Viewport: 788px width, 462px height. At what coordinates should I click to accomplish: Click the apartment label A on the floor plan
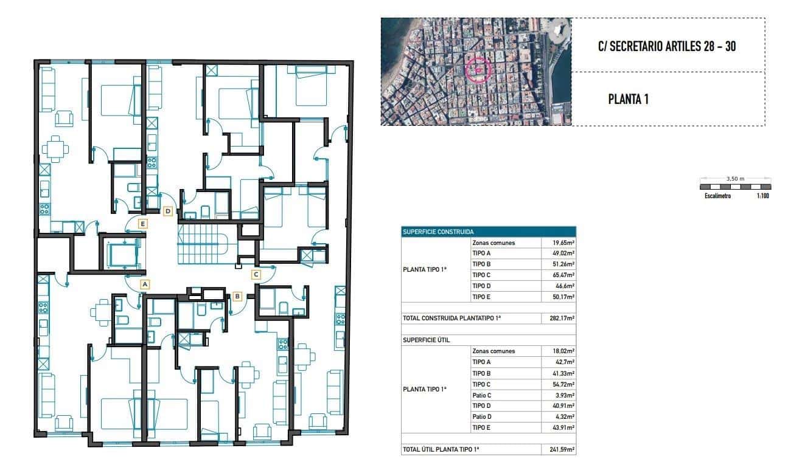[x=144, y=283]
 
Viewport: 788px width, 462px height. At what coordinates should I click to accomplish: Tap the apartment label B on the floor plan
[x=237, y=297]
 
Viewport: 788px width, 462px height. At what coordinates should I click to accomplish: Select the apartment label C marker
[x=256, y=274]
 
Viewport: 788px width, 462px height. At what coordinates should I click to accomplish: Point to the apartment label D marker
[x=169, y=211]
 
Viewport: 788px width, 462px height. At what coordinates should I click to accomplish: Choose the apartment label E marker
[x=142, y=223]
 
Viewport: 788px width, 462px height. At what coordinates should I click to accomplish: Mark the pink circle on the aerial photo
[x=478, y=69]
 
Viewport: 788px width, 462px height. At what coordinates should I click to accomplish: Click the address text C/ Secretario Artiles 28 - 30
[x=667, y=46]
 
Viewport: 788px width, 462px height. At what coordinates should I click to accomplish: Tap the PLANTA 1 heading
[x=628, y=99]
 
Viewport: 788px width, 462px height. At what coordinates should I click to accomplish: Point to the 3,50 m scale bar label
[x=735, y=179]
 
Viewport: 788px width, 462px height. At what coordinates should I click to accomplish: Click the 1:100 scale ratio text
[x=762, y=196]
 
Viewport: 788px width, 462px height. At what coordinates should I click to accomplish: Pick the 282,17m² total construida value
[x=558, y=318]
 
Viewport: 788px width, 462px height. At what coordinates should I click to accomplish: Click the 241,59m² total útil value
[x=558, y=450]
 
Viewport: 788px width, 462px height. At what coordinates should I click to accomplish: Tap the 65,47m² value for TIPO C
[x=558, y=275]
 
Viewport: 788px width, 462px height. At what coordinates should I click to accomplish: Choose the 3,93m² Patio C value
[x=558, y=395]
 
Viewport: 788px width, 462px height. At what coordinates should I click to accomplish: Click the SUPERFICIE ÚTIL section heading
[x=427, y=340]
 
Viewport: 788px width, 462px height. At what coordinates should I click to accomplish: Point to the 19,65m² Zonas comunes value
[x=558, y=243]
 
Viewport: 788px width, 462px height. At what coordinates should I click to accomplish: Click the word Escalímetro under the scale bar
[x=717, y=196]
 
